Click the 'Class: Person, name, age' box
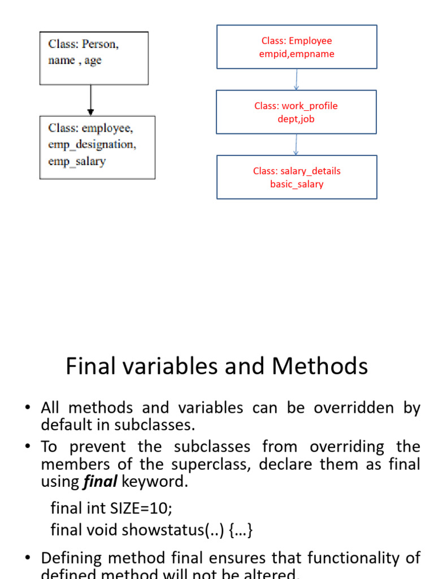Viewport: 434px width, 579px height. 94,58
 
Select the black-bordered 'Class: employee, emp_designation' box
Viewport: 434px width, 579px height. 97,147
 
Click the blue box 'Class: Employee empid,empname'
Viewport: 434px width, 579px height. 297,47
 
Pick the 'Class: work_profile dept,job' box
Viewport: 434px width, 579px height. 297,112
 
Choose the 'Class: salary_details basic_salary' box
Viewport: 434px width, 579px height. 297,177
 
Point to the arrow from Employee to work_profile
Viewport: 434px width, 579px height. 297,79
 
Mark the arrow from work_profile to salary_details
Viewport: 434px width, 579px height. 296,144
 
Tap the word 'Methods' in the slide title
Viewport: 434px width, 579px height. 320,366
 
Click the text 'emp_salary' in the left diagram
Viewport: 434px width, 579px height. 77,161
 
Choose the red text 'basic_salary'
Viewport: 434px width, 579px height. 297,184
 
